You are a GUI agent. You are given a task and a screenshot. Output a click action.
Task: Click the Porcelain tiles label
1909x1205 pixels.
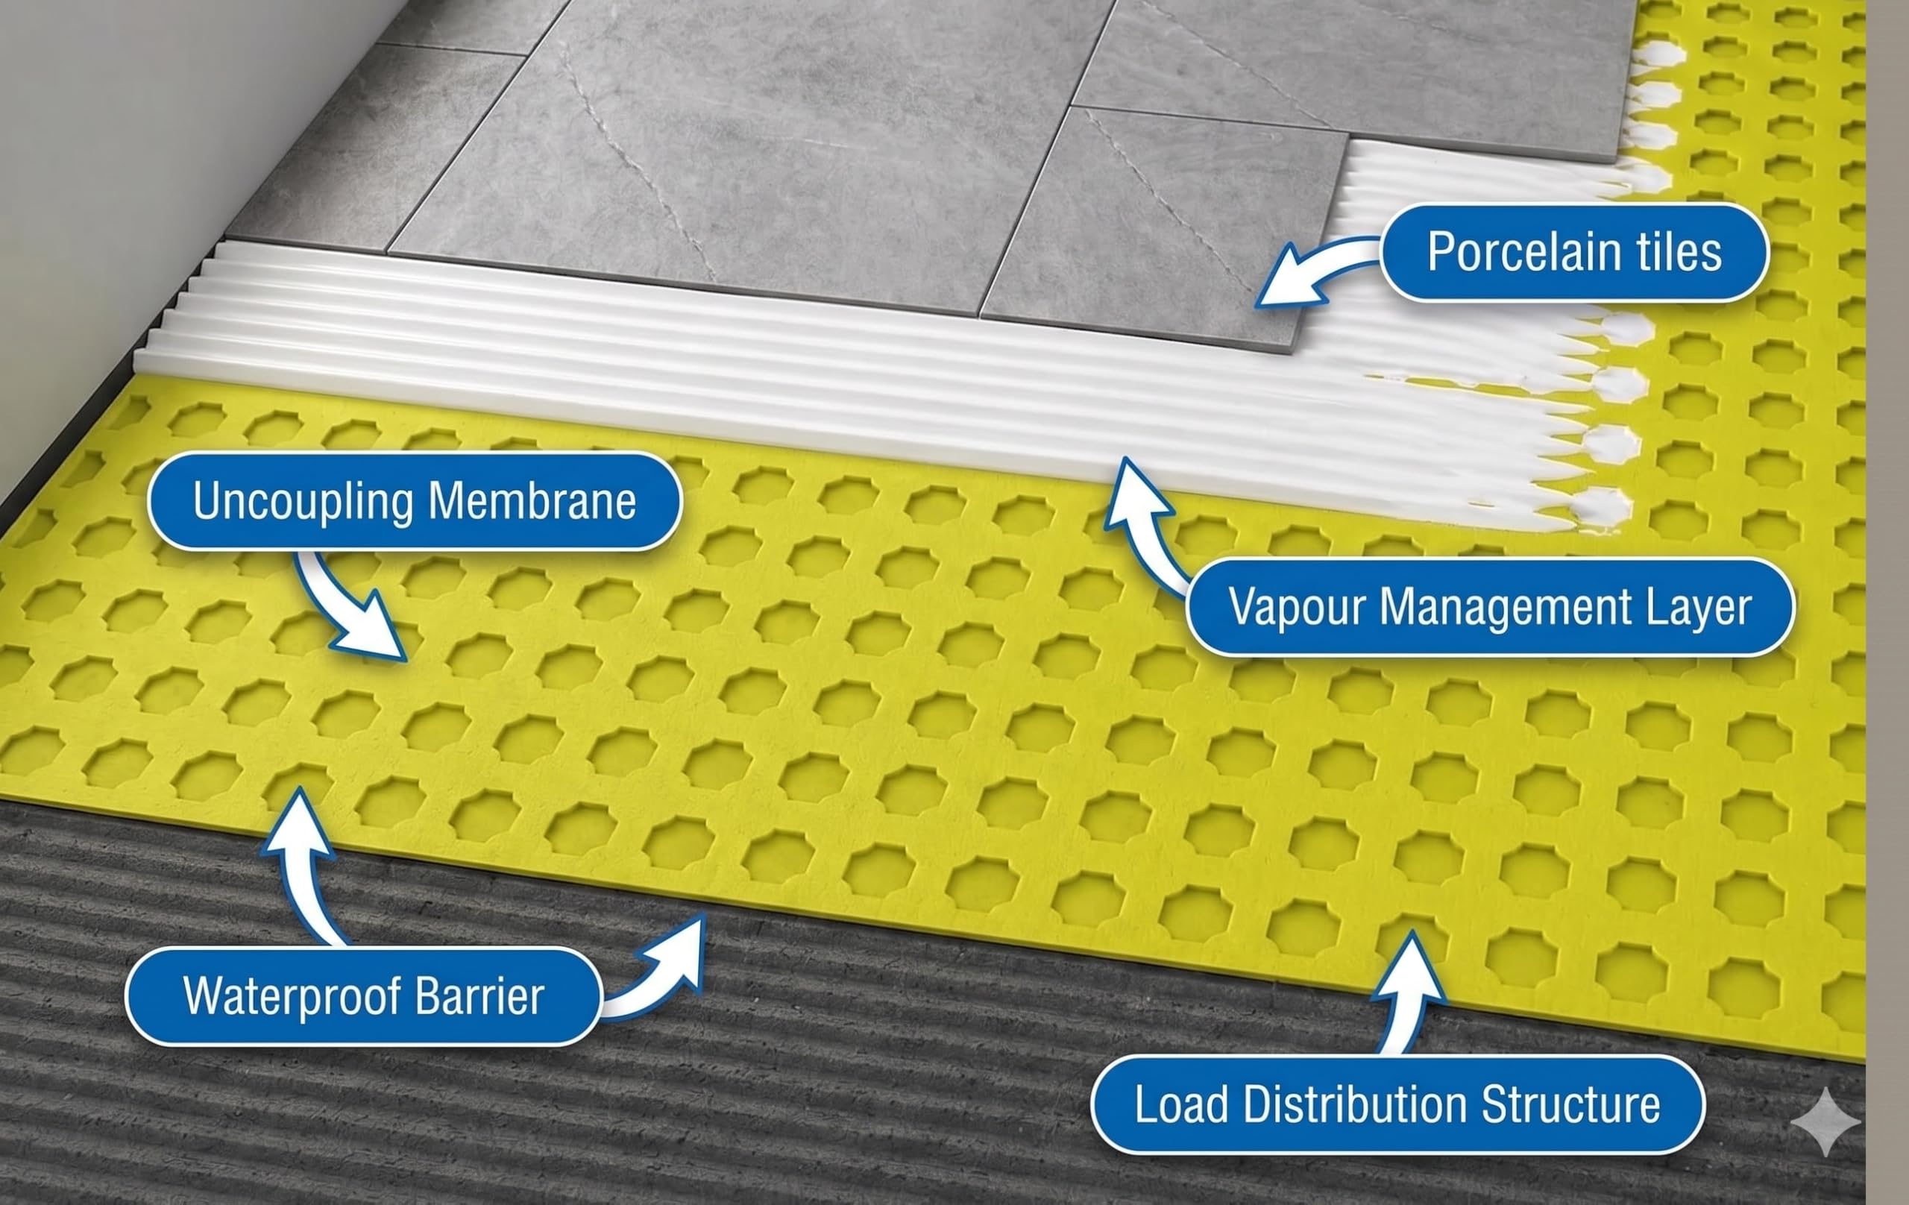(1574, 253)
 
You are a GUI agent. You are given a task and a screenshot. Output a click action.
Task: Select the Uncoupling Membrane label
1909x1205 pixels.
(415, 501)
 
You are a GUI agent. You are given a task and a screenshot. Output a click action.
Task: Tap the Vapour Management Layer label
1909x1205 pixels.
(1491, 607)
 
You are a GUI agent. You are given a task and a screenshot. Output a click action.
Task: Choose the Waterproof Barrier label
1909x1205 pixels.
(364, 996)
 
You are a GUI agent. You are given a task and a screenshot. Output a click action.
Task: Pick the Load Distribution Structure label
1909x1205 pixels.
(1397, 1104)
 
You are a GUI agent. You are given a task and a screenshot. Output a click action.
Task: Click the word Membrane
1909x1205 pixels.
(531, 501)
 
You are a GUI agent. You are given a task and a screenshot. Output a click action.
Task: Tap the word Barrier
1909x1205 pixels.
(479, 996)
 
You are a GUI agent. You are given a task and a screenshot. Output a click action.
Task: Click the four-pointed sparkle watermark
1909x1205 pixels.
(1825, 1121)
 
